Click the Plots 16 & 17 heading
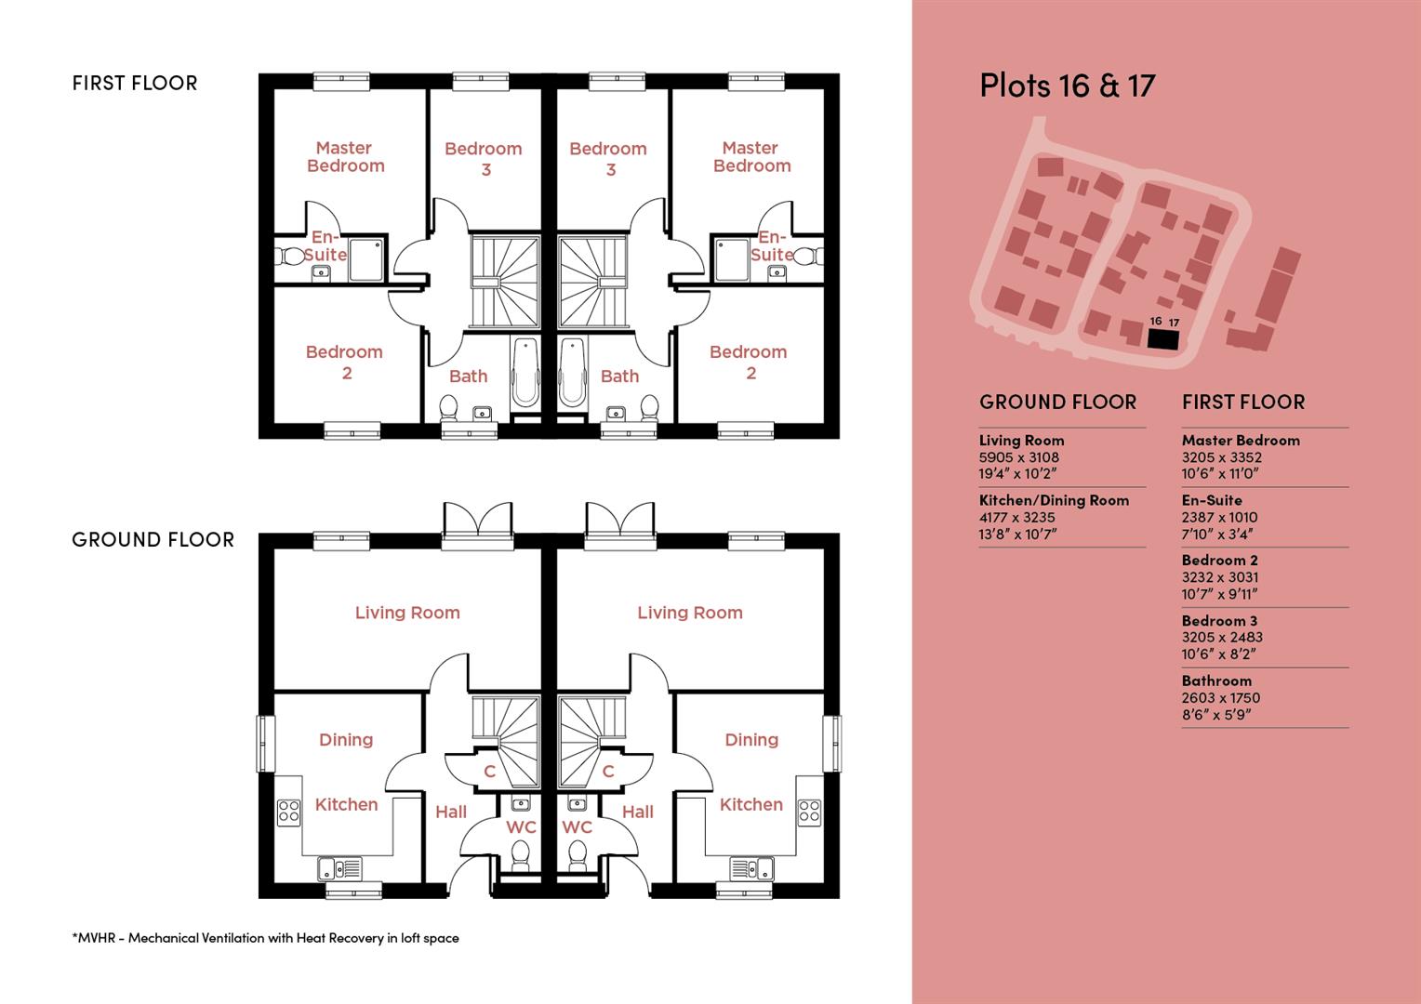(x=1067, y=86)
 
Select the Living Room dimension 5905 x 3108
(x=1018, y=457)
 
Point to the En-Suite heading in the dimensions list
(x=1212, y=500)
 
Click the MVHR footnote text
(x=265, y=938)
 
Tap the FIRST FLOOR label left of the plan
(x=135, y=84)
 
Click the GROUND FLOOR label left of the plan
(x=153, y=540)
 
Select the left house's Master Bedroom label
(x=345, y=157)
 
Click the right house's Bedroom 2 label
(x=749, y=362)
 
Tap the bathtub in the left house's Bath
(x=525, y=373)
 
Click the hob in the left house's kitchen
(x=288, y=812)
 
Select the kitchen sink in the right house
(x=751, y=868)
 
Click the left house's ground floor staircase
(x=505, y=721)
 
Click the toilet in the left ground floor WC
(x=521, y=853)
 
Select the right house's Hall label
(x=638, y=812)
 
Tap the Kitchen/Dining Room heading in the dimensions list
(x=1054, y=500)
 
